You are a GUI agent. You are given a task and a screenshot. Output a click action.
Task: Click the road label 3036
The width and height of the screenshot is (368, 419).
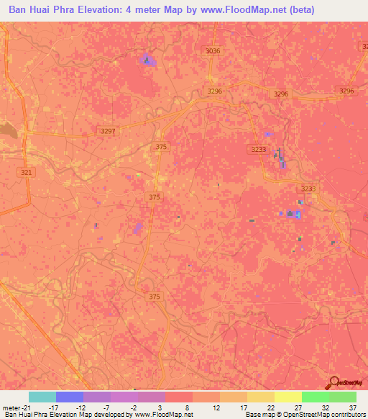coord(212,51)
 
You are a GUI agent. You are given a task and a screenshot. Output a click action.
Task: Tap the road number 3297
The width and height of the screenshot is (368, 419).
coord(107,131)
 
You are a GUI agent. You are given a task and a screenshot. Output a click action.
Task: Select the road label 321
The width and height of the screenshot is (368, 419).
coord(27,173)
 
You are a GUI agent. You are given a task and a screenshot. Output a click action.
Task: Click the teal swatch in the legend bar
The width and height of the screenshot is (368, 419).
coord(42,397)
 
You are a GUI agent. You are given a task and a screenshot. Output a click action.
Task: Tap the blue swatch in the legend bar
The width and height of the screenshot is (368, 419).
coord(70,397)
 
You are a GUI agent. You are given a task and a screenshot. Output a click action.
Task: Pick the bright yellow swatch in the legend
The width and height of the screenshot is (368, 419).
coord(288,397)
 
